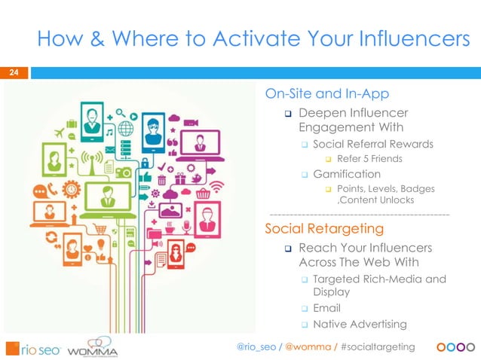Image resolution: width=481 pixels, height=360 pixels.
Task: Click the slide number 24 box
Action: click(14, 73)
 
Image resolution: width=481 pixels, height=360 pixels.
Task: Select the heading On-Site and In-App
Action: click(326, 94)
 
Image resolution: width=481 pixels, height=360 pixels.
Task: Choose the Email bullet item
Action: click(326, 308)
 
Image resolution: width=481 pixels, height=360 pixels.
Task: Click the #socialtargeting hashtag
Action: click(378, 346)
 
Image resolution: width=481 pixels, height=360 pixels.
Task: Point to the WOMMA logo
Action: click(92, 350)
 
